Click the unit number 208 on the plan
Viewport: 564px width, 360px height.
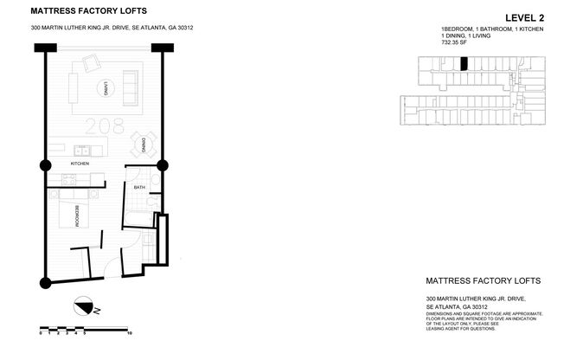(x=104, y=127)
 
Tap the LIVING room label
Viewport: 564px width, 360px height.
(x=104, y=87)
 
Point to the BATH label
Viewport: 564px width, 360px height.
(x=139, y=187)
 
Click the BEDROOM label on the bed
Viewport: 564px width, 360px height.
(x=77, y=215)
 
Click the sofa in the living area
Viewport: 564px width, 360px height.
(x=131, y=84)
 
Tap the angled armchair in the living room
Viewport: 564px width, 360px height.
(x=91, y=65)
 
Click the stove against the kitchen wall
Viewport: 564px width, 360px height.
(x=71, y=181)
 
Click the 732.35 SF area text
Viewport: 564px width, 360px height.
(x=455, y=43)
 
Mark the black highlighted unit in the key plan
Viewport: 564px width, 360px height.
(x=464, y=63)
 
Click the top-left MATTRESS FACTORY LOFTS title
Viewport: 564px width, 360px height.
(x=88, y=11)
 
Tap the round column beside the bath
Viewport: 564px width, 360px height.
(x=161, y=164)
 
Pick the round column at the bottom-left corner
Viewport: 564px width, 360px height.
(x=45, y=281)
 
